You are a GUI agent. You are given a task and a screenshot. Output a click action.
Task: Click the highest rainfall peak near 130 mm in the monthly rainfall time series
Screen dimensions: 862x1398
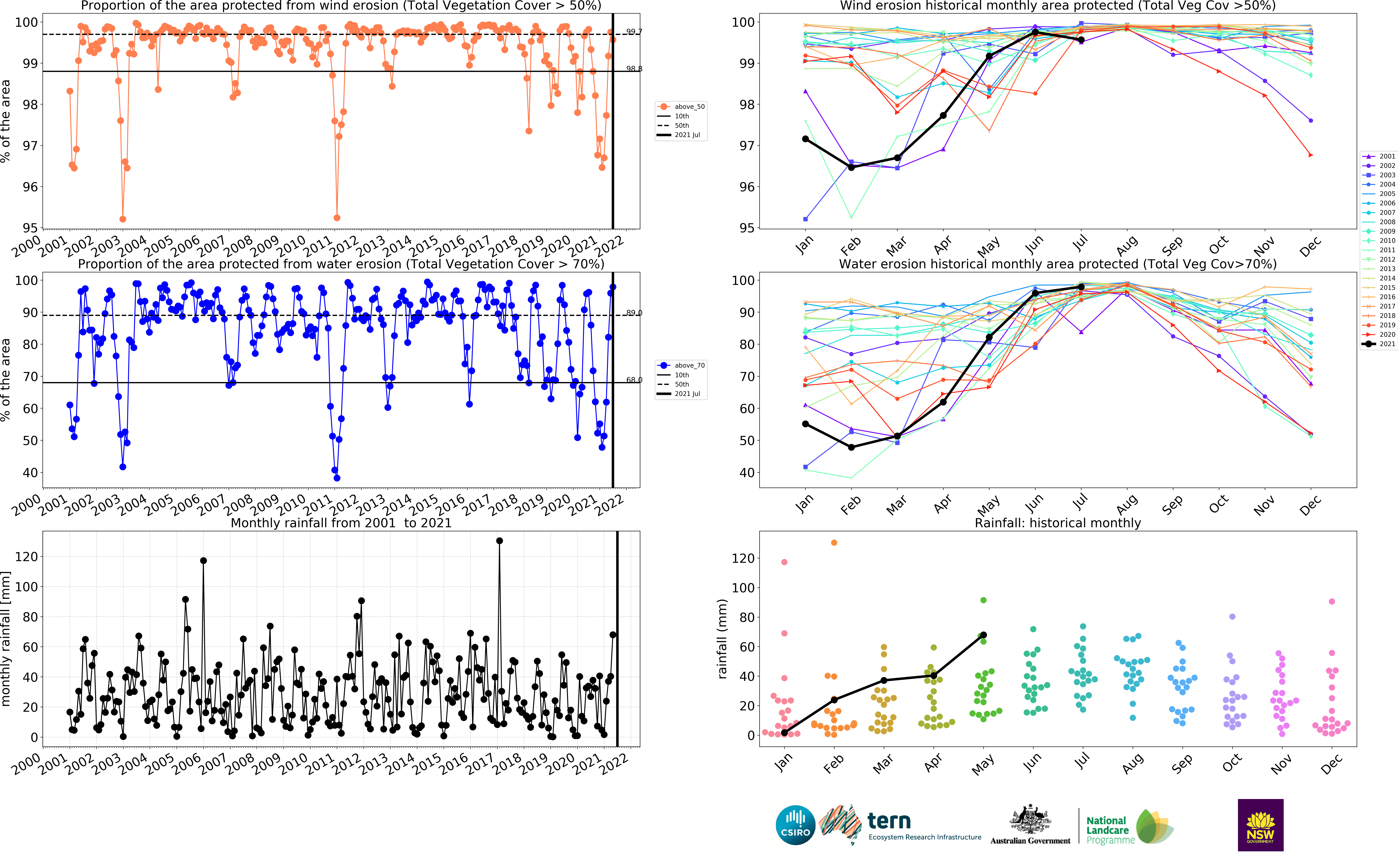[x=500, y=540]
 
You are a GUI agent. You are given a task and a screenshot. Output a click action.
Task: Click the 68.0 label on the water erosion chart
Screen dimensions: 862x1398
[x=633, y=380]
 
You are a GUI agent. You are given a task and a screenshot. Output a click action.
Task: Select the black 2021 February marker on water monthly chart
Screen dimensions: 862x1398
[x=852, y=448]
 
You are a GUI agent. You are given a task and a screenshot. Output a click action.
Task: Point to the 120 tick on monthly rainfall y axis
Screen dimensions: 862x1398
[x=26, y=556]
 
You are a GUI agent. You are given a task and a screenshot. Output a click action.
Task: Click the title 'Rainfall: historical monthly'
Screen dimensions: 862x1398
[x=1058, y=523]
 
